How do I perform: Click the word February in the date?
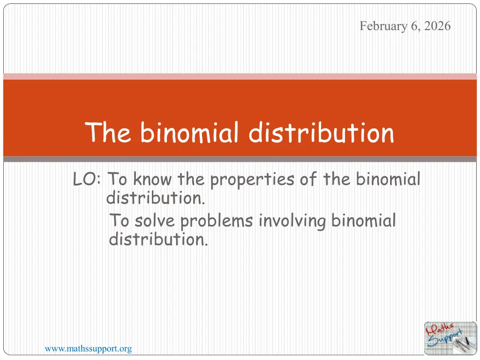pos(383,26)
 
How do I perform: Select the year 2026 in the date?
pos(437,26)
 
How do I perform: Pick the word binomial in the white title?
pos(189,132)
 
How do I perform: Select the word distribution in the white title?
pos(321,132)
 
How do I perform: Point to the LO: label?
pos(87,179)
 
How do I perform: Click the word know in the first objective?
pos(152,179)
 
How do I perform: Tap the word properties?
pos(252,180)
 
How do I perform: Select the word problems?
pos(217,222)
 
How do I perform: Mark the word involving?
pos(292,222)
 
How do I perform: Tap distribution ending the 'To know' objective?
pos(155,198)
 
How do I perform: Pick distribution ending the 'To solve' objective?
pos(158,239)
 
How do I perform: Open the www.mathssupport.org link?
pos(88,349)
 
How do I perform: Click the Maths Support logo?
pos(450,338)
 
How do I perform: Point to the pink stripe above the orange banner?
pos(240,76)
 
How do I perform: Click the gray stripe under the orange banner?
pos(240,159)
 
